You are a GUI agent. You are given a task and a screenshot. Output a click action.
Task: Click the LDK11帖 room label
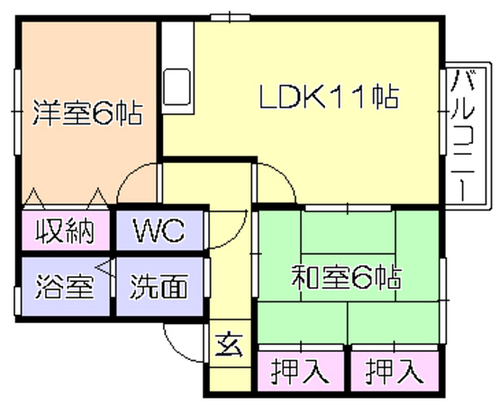[x=329, y=96]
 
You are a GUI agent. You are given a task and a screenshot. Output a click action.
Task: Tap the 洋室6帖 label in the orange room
[x=87, y=112]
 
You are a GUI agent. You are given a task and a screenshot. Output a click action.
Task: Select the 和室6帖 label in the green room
[x=347, y=277]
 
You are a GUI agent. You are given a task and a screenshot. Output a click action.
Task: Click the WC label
[x=159, y=229]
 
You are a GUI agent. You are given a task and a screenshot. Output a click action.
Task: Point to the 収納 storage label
[x=65, y=230]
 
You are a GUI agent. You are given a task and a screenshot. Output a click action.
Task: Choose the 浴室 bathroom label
[x=65, y=286]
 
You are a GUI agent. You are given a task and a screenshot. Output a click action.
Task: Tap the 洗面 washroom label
[x=159, y=286]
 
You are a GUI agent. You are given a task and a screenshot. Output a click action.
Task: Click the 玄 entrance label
[x=229, y=345]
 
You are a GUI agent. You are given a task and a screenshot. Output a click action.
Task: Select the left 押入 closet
[x=300, y=371]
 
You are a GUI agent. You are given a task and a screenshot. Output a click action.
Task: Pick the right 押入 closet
[x=395, y=371]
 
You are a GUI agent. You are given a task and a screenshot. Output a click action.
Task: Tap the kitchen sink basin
[x=177, y=86]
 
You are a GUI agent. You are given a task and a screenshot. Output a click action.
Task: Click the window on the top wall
[x=230, y=17]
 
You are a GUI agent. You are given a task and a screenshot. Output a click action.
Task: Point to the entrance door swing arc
[x=174, y=349]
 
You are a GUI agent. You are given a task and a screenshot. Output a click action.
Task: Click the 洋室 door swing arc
[x=127, y=175]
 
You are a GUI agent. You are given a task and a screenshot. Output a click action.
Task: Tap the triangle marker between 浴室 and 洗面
[x=105, y=268]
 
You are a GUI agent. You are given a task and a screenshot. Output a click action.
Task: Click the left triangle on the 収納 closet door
[x=34, y=198]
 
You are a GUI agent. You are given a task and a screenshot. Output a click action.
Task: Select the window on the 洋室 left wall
[x=17, y=112]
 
